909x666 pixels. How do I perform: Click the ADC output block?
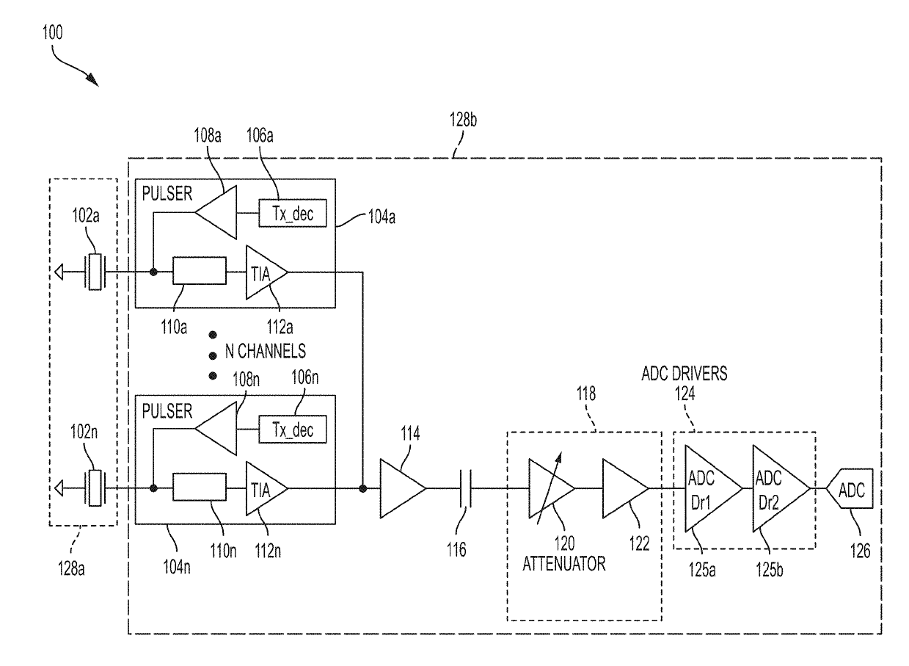click(x=850, y=488)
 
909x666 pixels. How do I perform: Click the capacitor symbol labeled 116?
click(x=465, y=488)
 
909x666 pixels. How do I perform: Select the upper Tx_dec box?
click(x=293, y=213)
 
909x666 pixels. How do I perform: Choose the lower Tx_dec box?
click(x=293, y=430)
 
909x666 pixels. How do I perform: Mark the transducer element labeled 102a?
click(x=95, y=272)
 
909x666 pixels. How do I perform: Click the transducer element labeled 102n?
click(x=95, y=488)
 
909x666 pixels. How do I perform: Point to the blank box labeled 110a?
click(x=200, y=270)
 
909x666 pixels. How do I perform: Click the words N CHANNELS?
click(x=266, y=351)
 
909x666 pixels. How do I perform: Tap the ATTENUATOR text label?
click(x=563, y=564)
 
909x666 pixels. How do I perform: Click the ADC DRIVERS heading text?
click(x=685, y=374)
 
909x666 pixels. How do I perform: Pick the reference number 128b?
click(x=463, y=120)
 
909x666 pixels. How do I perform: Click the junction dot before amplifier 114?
click(x=362, y=488)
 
